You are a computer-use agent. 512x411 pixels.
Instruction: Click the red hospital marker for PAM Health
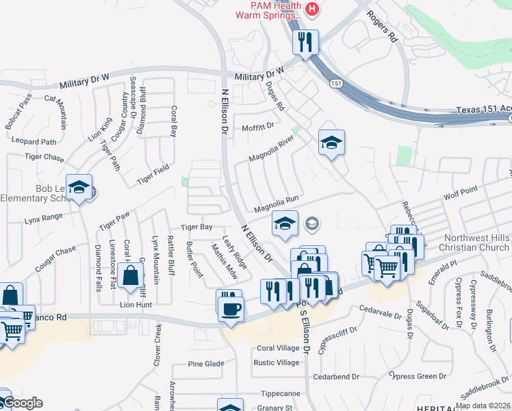point(312,9)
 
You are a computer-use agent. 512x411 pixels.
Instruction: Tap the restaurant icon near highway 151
point(305,42)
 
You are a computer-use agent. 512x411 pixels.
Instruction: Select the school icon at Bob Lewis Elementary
point(79,189)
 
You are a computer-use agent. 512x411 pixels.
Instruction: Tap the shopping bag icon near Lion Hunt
point(130,275)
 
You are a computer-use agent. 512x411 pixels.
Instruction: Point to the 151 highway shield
point(335,83)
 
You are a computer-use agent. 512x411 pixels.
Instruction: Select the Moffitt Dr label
point(257,127)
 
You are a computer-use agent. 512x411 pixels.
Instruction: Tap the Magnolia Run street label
point(277,203)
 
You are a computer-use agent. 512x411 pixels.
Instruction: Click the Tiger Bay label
point(196,227)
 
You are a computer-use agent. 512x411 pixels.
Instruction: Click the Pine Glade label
point(205,363)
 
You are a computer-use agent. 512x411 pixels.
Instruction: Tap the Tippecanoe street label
point(280,394)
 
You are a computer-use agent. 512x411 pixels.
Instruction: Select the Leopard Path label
point(34,142)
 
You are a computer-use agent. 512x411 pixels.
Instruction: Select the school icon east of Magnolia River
point(331,142)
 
